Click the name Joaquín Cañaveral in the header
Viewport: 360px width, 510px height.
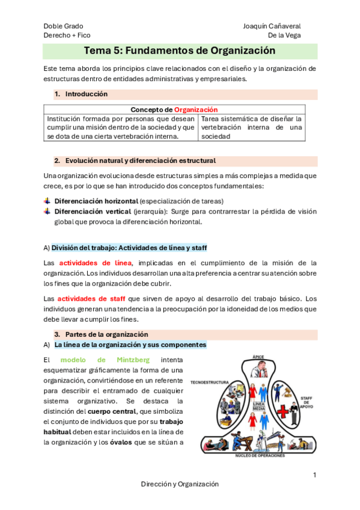click(272, 26)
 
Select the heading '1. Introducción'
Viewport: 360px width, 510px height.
click(81, 94)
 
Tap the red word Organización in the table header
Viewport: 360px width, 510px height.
click(196, 109)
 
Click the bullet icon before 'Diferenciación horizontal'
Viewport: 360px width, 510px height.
click(47, 200)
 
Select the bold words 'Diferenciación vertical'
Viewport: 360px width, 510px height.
click(93, 211)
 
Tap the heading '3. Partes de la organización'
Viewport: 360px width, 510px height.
click(101, 334)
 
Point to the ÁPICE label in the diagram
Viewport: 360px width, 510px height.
click(258, 356)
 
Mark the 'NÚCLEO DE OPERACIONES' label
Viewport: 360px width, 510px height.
click(258, 456)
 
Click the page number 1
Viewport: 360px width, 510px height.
click(314, 476)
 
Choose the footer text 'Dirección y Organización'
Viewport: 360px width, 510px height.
click(180, 484)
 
